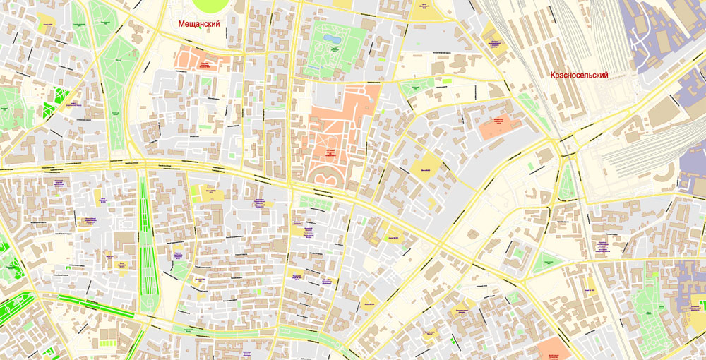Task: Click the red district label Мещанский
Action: tap(198, 24)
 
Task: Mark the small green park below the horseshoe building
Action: tap(316, 203)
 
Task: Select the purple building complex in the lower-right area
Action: tap(688, 282)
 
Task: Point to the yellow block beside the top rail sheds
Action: tap(492, 40)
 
